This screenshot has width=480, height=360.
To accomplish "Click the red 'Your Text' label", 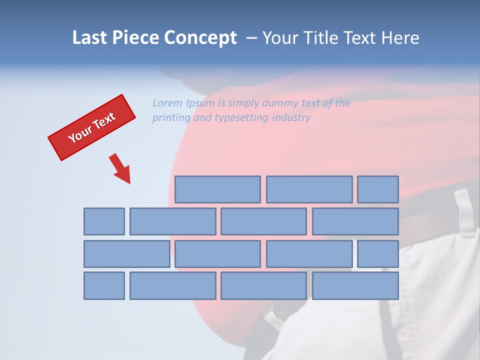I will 91,127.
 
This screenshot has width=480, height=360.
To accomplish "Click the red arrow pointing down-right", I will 120,168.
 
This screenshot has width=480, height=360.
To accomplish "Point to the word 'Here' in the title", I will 400,38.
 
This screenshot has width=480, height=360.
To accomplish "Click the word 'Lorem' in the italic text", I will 167,103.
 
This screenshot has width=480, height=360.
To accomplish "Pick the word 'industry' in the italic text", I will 291,118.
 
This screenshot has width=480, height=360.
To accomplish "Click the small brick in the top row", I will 378,189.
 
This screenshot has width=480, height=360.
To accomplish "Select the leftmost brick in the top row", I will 217,189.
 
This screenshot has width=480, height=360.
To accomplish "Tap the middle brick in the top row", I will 309,189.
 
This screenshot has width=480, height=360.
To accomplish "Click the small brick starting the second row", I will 104,221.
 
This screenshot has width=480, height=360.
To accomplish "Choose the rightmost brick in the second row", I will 355,221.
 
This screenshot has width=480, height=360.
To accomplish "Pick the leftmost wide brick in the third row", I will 127,254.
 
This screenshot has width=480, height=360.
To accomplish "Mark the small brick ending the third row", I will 378,254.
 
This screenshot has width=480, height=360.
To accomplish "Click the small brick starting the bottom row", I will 104,286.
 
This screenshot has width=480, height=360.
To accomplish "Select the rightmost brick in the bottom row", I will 355,286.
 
